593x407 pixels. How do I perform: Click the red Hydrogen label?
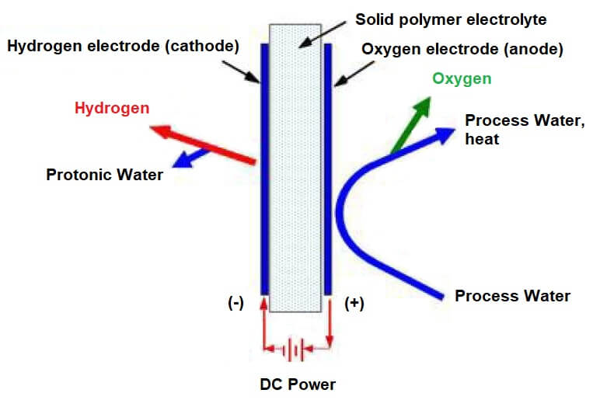112,108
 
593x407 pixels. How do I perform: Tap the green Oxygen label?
462,79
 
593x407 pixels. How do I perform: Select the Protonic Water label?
105,175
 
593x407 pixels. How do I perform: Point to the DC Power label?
298,384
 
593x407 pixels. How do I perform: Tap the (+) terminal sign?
354,304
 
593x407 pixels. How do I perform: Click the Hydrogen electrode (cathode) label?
122,47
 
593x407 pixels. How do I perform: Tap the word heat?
481,140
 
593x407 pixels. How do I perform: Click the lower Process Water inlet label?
512,296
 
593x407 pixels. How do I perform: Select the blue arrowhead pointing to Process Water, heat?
445,134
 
